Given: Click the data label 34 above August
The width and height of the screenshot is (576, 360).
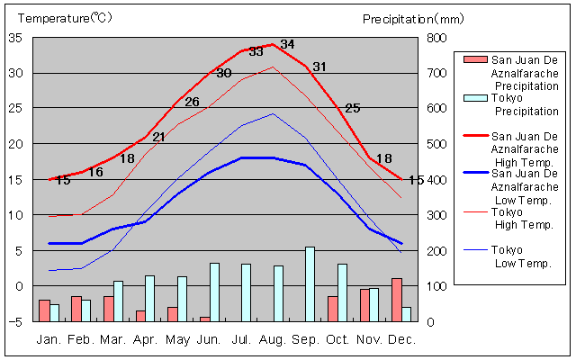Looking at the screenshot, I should click(x=287, y=44).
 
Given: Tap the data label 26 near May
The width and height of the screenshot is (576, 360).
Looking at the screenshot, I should click(x=192, y=102).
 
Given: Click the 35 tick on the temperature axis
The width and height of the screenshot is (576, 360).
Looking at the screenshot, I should click(x=14, y=38).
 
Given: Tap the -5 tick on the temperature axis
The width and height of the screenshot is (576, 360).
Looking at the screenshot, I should click(x=14, y=321).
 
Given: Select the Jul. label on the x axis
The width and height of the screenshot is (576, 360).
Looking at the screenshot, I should click(x=241, y=339).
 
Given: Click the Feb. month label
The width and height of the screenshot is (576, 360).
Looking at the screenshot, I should click(x=81, y=339).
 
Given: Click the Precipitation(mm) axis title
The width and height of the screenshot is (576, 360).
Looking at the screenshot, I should click(x=412, y=18).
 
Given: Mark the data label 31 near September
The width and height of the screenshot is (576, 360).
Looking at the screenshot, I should click(x=319, y=67).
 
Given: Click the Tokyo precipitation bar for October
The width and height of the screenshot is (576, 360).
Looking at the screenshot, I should click(x=342, y=292).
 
